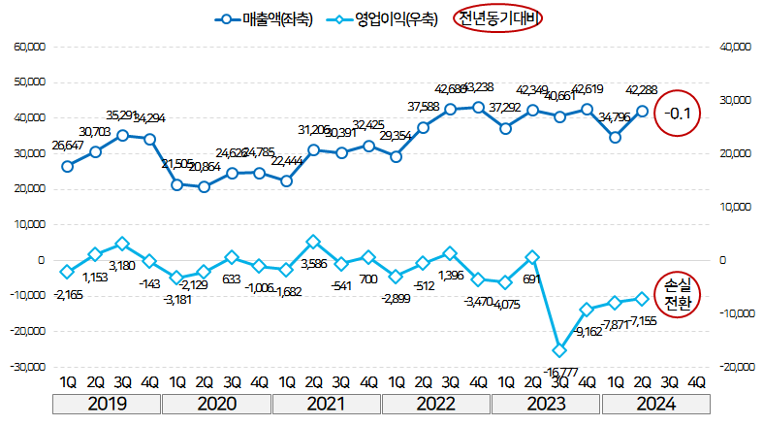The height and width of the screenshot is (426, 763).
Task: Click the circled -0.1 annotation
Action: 677,114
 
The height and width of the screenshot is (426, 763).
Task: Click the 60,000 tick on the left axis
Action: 29,47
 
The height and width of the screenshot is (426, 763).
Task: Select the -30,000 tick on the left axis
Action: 27,368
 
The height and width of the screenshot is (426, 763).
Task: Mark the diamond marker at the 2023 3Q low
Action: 559,350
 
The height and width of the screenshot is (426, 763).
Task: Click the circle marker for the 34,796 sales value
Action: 615,137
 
